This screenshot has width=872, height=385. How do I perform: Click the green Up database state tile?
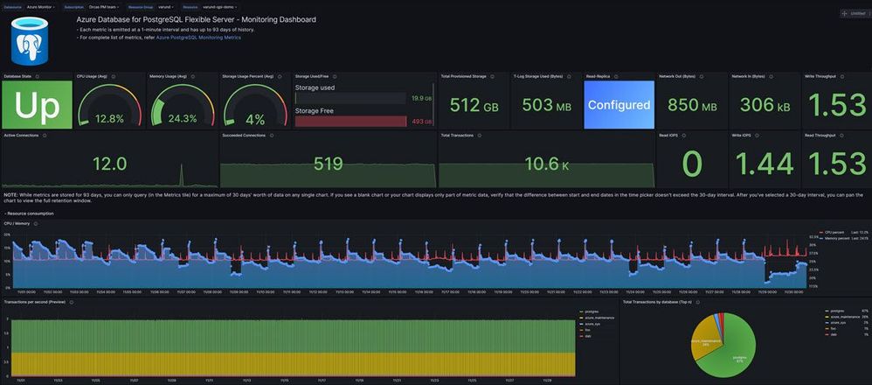pyautogui.click(x=36, y=105)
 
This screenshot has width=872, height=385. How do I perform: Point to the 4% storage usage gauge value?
pyautogui.click(x=255, y=118)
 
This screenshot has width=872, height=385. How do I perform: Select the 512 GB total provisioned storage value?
pyautogui.click(x=472, y=106)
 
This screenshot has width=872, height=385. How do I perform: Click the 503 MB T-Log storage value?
pyautogui.click(x=544, y=106)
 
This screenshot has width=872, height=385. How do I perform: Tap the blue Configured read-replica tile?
pyautogui.click(x=618, y=105)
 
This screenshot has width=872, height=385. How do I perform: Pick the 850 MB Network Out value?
pyautogui.click(x=691, y=106)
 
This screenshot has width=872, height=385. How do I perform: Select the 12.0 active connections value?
pyautogui.click(x=109, y=164)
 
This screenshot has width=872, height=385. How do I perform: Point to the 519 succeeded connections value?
pyautogui.click(x=328, y=164)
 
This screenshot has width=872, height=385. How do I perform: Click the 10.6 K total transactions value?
pyautogui.click(x=546, y=164)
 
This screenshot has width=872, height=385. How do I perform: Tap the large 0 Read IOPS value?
pyautogui.click(x=691, y=164)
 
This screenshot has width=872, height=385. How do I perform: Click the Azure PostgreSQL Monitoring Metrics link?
pyautogui.click(x=198, y=38)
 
